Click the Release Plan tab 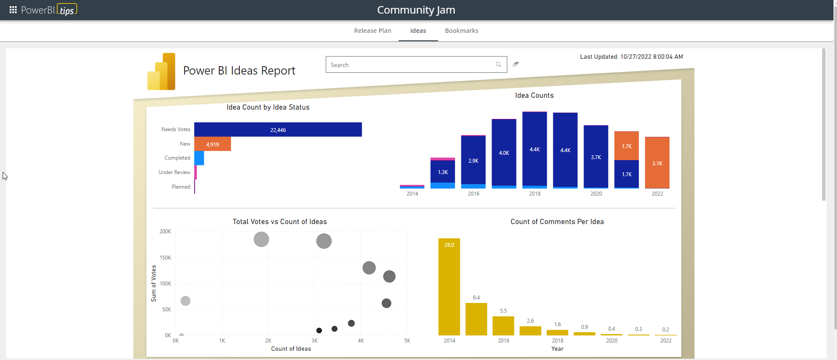[372, 31]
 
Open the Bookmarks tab [461, 31]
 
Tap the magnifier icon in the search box [498, 64]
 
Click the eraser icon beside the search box [516, 64]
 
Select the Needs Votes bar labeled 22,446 [278, 130]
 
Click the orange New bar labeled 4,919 [213, 144]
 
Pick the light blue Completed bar [199, 158]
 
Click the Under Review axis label [174, 172]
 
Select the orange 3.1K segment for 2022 [657, 163]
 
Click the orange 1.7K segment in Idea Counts [627, 146]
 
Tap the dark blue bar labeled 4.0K [504, 153]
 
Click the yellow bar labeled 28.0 [449, 287]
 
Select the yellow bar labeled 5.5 [503, 326]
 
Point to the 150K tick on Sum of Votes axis [165, 258]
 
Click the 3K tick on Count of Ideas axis [314, 341]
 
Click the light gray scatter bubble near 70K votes [185, 301]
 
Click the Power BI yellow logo [161, 72]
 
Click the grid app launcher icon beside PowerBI [13, 10]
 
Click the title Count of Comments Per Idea [557, 222]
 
